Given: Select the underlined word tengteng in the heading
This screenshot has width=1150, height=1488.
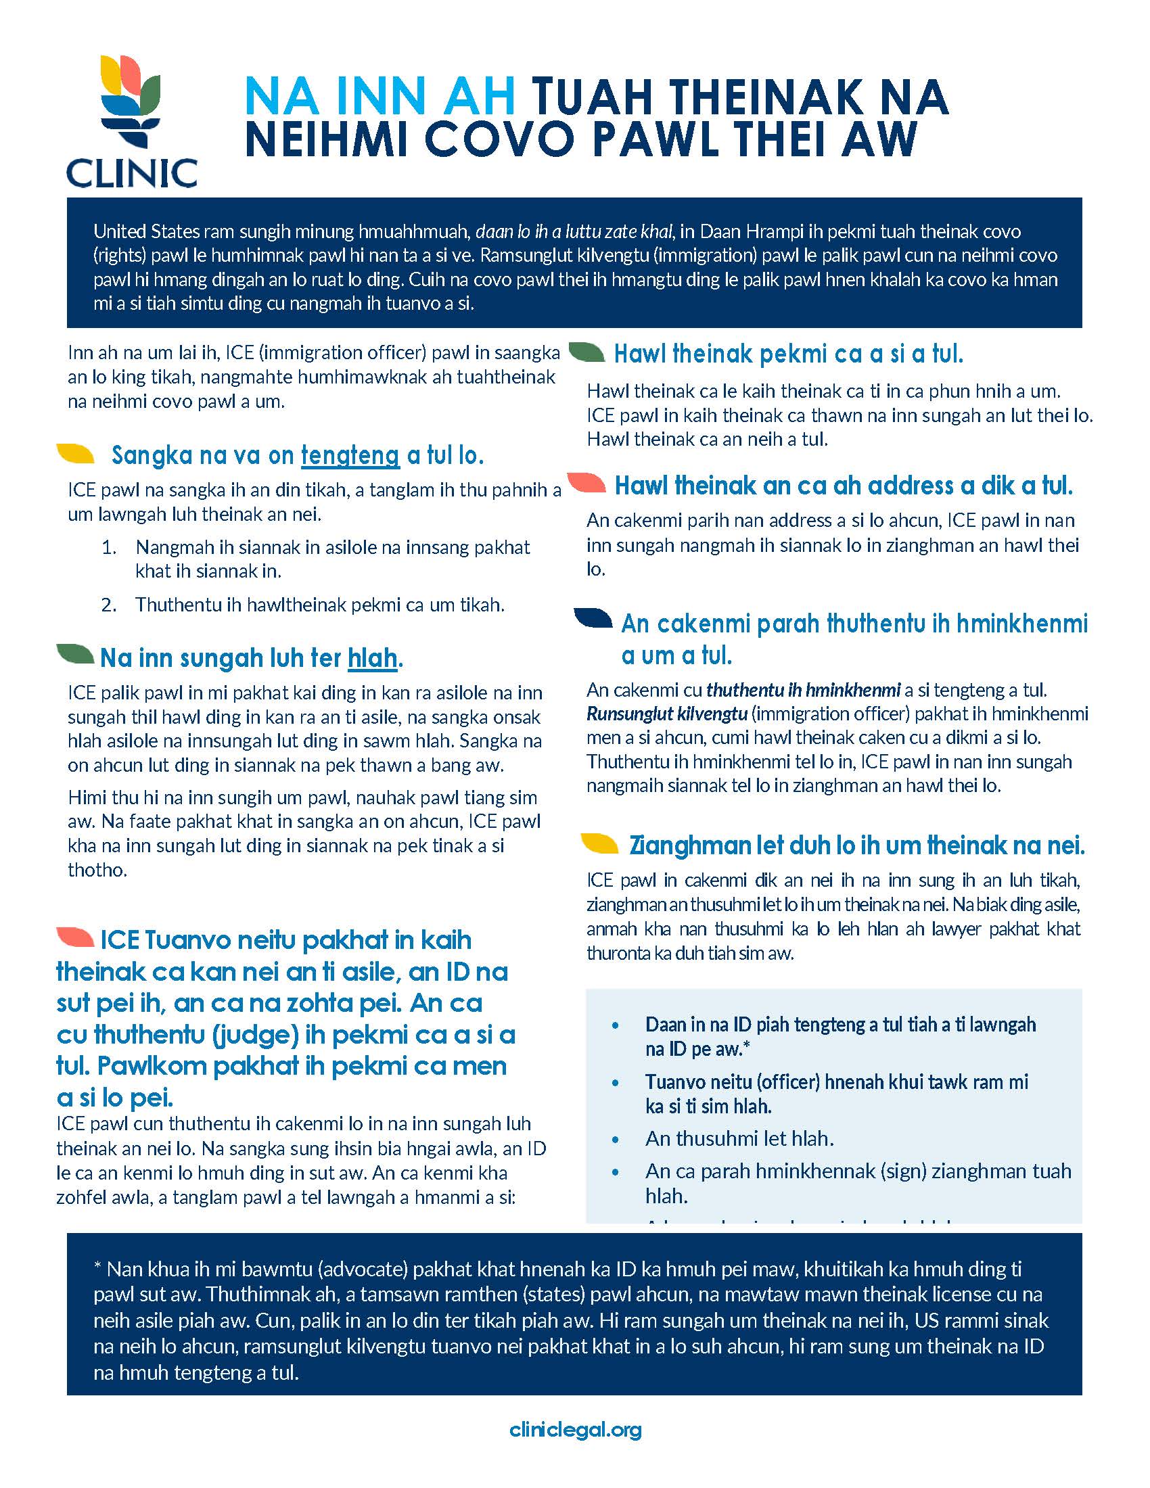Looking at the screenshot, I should point(350,455).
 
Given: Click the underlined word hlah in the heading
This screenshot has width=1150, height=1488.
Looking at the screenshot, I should point(372,658).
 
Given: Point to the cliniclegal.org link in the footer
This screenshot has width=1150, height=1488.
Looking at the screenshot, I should point(575,1428).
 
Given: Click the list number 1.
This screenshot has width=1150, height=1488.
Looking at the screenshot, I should point(109,547).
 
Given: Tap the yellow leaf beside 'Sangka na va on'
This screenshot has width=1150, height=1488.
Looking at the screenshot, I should point(76,453).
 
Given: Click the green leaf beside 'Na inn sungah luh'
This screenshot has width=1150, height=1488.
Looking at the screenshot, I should point(76,654).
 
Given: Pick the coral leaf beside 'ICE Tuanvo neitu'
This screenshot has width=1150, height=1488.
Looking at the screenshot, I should point(76,937).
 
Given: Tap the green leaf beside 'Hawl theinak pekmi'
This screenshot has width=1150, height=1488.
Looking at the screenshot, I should point(586,352).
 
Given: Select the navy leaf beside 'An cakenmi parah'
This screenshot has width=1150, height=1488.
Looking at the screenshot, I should point(593,618).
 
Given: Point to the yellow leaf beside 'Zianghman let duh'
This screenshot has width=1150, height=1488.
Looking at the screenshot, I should point(599,843).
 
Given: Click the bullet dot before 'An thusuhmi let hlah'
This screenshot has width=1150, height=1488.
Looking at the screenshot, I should point(616,1138).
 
